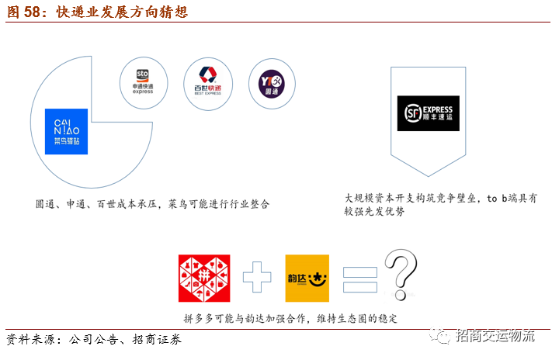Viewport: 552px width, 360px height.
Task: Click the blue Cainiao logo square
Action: click(x=66, y=131)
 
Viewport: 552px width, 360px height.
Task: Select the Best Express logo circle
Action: click(x=208, y=84)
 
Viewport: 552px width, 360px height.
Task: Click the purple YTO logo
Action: click(x=272, y=84)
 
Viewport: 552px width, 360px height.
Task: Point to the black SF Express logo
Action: click(x=428, y=113)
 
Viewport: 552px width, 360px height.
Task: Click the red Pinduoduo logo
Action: click(x=204, y=278)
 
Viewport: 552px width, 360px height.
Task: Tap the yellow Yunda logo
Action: click(x=307, y=278)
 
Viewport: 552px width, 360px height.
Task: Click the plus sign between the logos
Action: click(x=257, y=277)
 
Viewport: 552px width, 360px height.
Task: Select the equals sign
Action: click(x=360, y=280)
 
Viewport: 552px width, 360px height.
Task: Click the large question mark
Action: click(x=401, y=275)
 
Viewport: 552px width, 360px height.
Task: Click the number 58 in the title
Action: click(x=32, y=12)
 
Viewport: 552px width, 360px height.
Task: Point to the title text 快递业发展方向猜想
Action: click(x=122, y=12)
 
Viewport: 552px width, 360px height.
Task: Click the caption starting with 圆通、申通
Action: click(x=152, y=204)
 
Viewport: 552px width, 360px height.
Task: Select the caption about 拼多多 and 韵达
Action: click(x=290, y=318)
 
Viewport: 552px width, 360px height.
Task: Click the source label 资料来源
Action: click(x=30, y=339)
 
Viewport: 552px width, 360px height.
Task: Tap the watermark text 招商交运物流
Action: click(x=495, y=336)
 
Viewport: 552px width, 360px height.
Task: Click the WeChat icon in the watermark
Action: click(x=439, y=335)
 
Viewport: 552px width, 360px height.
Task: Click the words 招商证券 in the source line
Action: click(x=157, y=339)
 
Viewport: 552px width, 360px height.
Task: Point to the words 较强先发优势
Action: click(x=374, y=212)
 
